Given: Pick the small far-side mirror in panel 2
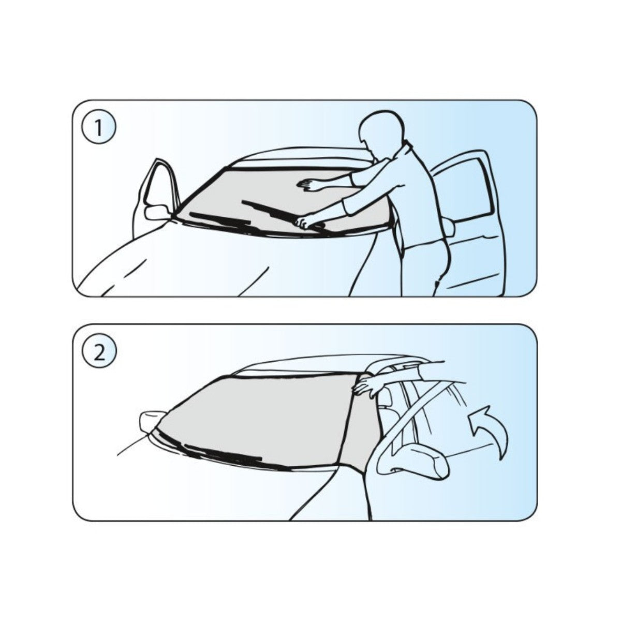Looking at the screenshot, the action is (x=151, y=421).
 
